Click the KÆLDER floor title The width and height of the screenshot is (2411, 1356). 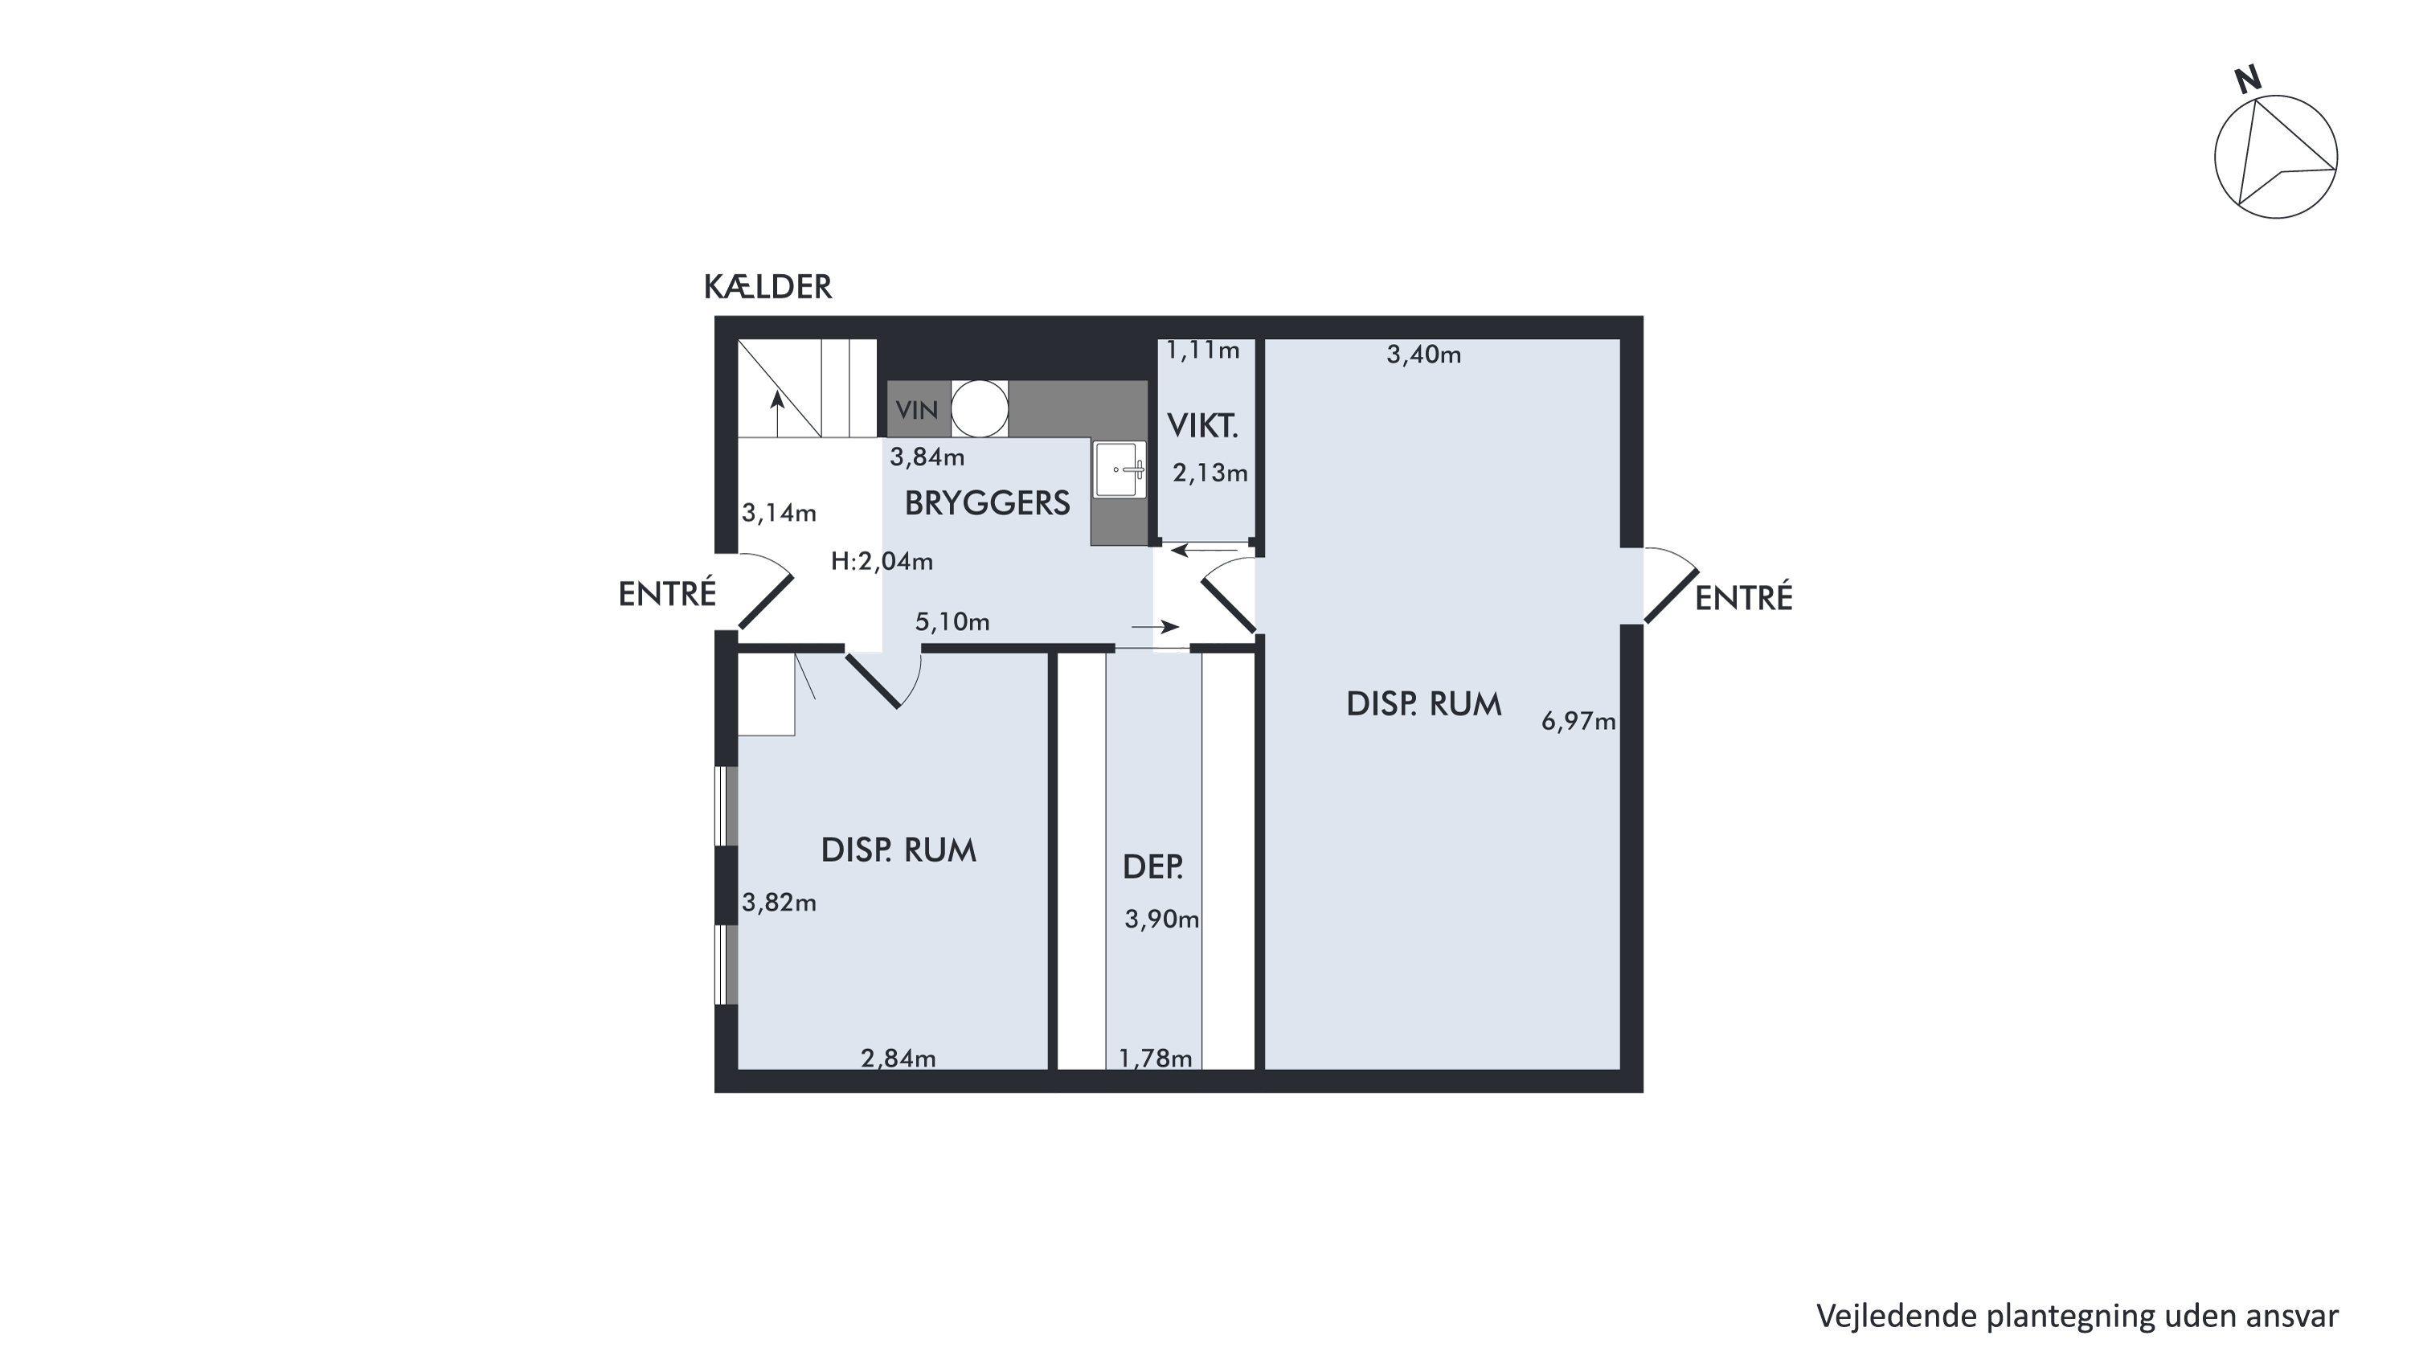tap(768, 286)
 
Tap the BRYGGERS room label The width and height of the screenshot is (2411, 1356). tap(988, 503)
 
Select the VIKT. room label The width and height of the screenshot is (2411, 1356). tap(1203, 427)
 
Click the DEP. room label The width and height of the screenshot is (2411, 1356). tap(1153, 867)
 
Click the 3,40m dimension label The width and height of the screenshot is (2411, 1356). tap(1423, 354)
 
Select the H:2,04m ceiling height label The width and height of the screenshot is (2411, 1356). tap(882, 562)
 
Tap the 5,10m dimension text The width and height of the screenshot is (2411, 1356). tap(952, 622)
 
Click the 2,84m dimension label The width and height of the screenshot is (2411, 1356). tap(898, 1059)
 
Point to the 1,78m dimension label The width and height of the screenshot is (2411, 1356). tap(1156, 1059)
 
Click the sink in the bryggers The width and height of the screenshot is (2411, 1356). tap(1120, 469)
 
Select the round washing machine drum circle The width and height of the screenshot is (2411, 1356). tap(980, 409)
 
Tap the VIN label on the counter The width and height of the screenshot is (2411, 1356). tap(917, 410)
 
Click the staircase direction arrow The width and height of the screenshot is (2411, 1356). tap(777, 415)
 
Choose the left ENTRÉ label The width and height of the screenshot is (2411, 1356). tap(667, 594)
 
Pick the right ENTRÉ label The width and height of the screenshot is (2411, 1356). tap(1744, 598)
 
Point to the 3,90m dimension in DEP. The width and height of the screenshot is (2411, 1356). tap(1162, 920)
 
